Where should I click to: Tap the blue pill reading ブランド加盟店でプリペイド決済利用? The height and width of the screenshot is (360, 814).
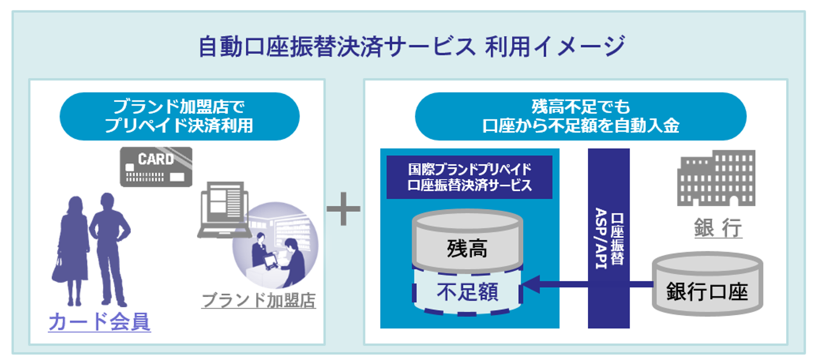[179, 116]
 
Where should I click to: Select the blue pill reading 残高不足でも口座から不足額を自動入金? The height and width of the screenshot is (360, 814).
[580, 116]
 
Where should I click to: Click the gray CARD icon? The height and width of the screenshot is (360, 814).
[156, 167]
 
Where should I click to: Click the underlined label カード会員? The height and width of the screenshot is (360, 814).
[99, 321]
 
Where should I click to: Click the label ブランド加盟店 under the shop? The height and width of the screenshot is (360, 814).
[258, 300]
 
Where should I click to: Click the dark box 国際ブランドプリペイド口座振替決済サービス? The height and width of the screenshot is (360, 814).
[469, 177]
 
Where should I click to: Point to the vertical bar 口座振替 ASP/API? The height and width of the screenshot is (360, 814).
[609, 238]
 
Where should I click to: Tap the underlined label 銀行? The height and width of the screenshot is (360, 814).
[718, 228]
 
